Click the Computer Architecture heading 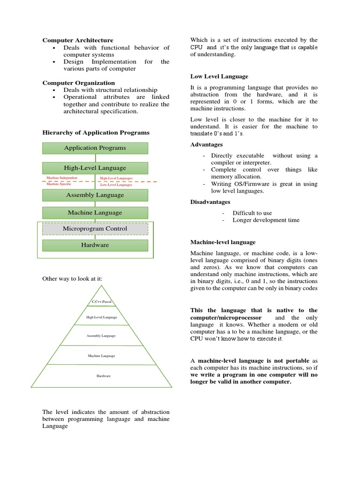(78, 40)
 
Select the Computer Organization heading (78, 82)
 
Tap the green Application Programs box (95, 148)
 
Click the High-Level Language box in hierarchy (95, 168)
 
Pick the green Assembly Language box (95, 195)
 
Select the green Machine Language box (95, 213)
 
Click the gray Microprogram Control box (95, 229)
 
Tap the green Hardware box (95, 245)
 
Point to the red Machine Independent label (62, 178)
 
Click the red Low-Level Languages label (116, 185)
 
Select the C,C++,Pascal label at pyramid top (101, 302)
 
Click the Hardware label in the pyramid (104, 376)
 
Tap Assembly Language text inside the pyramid (101, 336)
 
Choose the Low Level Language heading (219, 76)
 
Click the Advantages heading (206, 144)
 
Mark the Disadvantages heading (210, 202)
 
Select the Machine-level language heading (223, 242)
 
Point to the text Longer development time (266, 220)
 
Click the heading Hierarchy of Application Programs (96, 133)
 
